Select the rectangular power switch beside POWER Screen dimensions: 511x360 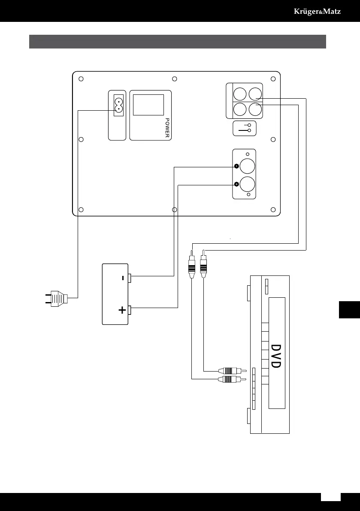(148, 105)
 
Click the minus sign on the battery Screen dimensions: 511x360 (123, 278)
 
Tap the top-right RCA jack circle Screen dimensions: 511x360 (255, 94)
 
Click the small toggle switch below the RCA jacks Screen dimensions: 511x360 (245, 128)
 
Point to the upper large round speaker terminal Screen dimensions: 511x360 (248, 166)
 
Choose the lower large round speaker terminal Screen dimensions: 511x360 (248, 184)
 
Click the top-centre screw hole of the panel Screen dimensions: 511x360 (174, 79)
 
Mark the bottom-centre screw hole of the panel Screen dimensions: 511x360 (174, 210)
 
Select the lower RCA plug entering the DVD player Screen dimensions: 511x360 (232, 379)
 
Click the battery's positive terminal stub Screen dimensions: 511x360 (131, 308)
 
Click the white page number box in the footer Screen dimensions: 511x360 (331, 496)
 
